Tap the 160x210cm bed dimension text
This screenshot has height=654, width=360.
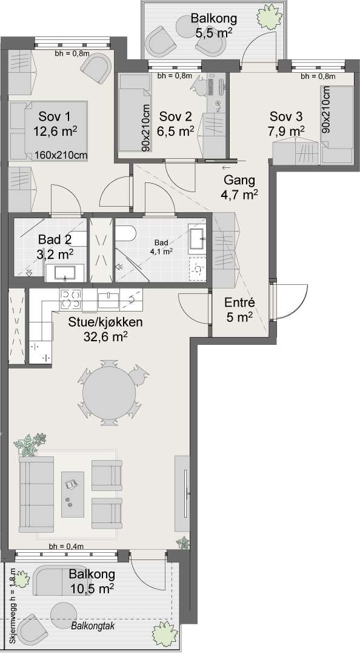[61, 155]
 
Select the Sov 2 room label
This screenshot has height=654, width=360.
[176, 122]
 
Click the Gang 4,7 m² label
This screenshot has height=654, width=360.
[241, 187]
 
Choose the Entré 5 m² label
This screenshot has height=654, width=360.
[238, 309]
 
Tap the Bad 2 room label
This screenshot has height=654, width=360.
[55, 246]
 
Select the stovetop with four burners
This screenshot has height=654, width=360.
[70, 298]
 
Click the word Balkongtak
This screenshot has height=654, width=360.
[92, 626]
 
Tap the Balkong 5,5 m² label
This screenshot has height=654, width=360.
[212, 25]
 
